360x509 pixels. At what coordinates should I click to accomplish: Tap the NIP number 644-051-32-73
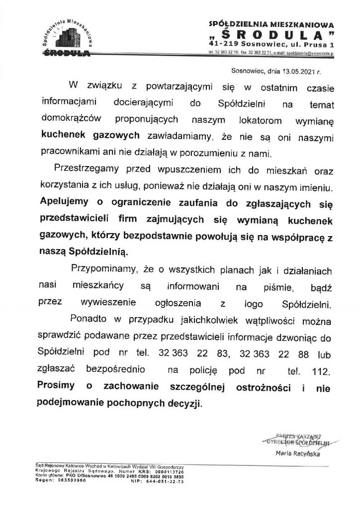pyautogui.click(x=165, y=481)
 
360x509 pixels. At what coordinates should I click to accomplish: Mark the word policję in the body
pyautogui.click(x=204, y=370)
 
